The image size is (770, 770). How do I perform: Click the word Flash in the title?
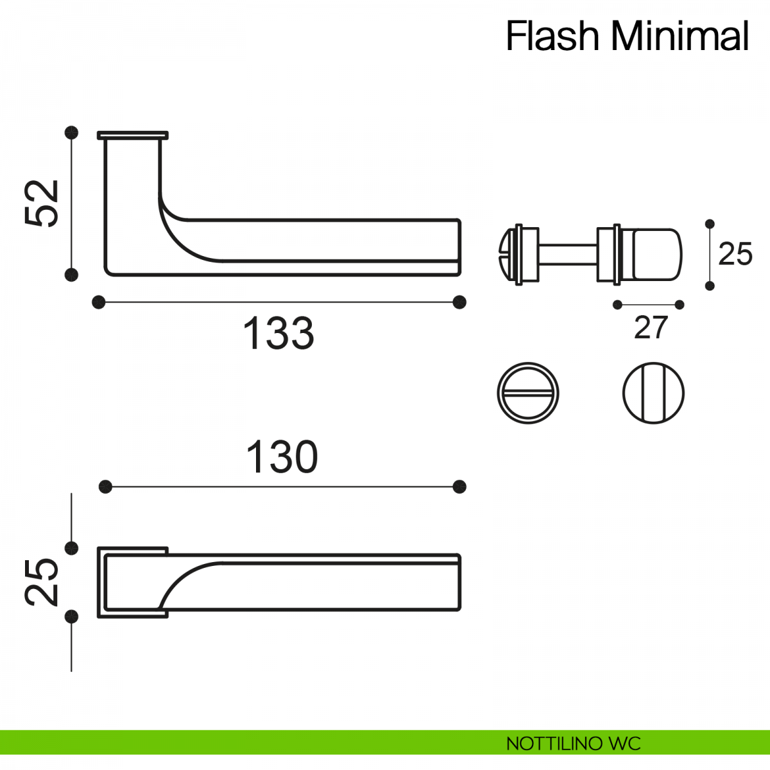click(552, 36)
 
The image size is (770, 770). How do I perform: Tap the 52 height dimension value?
click(42, 203)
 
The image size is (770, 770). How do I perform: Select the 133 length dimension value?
click(278, 334)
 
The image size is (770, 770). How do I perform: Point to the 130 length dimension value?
click(282, 457)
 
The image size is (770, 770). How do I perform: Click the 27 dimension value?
click(651, 328)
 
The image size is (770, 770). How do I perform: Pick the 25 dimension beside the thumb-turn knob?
click(735, 254)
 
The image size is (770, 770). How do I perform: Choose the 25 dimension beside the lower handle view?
click(42, 581)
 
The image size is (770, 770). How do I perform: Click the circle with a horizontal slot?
click(528, 393)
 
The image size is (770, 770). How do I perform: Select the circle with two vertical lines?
click(653, 393)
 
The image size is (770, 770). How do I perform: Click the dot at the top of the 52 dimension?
click(72, 132)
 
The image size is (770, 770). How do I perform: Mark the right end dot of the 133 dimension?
click(459, 302)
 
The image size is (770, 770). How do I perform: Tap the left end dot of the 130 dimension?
click(106, 487)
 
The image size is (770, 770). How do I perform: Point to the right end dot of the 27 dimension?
click(680, 305)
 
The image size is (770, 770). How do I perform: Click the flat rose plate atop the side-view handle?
click(133, 135)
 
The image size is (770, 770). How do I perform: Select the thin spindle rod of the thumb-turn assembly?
click(568, 254)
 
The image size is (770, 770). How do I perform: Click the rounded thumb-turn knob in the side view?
click(657, 254)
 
